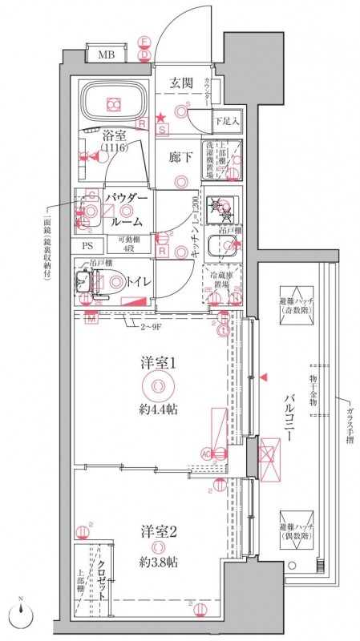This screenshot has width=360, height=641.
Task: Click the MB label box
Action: click(x=106, y=55)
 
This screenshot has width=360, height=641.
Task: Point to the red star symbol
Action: click(x=160, y=117)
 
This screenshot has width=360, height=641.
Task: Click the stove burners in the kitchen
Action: click(x=221, y=210)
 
